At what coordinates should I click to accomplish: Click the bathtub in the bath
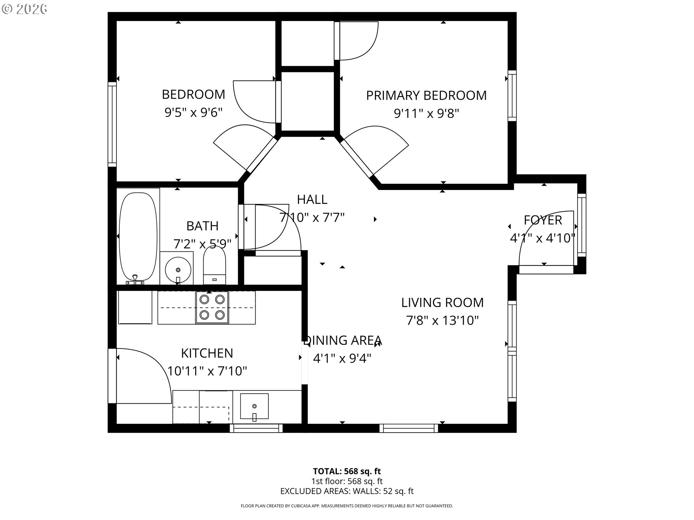pos(138,237)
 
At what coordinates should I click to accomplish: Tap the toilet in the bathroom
pos(214,265)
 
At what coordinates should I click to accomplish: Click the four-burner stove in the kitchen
pos(212,307)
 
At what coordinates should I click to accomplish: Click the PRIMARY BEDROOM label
pos(426,95)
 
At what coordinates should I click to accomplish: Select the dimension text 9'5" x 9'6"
pos(193,113)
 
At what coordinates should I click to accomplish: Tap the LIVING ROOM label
pos(442,303)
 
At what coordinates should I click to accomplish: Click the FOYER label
pos(543,220)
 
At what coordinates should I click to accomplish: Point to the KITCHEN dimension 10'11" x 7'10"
pos(207,371)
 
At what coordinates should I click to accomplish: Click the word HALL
pos(312,199)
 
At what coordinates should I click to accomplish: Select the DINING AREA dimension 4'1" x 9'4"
pos(342,359)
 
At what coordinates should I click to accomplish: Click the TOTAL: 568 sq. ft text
pos(347,471)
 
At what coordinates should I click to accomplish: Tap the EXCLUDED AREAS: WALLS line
pos(347,491)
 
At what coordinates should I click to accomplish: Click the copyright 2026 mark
pos(25,9)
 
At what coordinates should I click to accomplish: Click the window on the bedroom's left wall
pos(112,124)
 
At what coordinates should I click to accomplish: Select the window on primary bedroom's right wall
pos(512,95)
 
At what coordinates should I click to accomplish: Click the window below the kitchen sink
pos(256,428)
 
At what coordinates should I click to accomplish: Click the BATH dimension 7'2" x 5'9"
pos(202,244)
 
